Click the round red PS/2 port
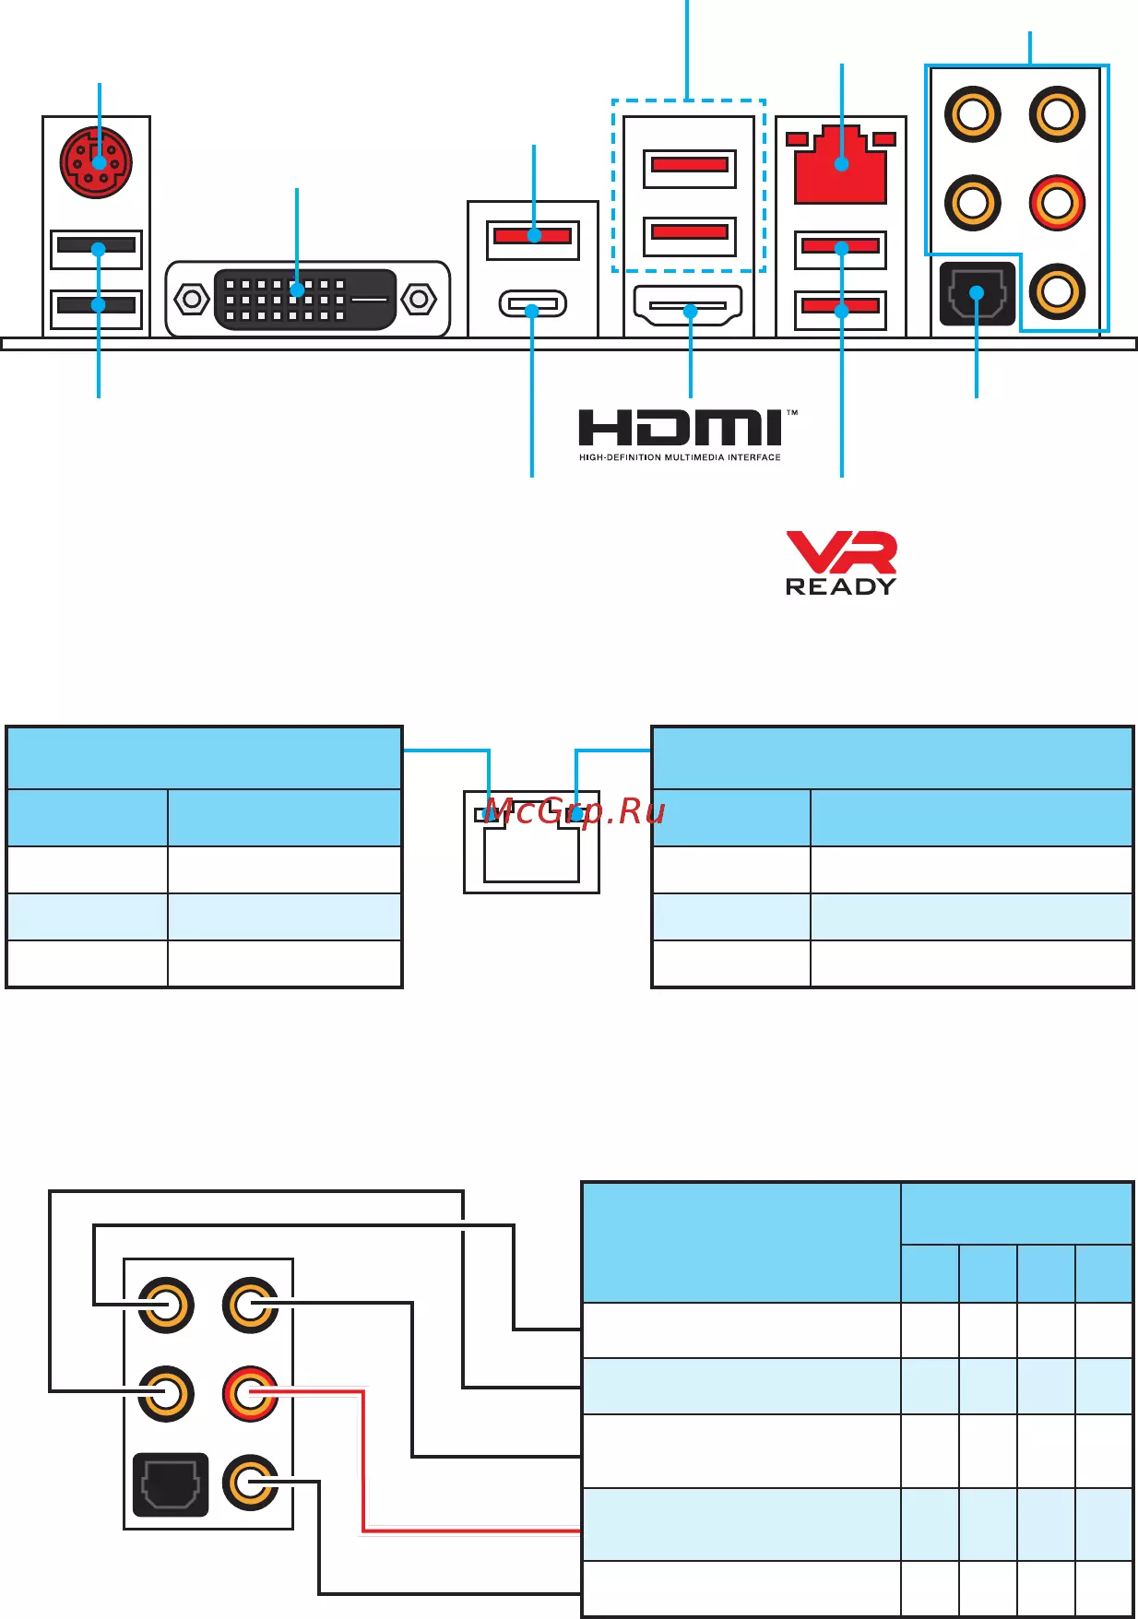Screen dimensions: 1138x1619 (x=96, y=162)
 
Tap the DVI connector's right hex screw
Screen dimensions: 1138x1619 (x=420, y=300)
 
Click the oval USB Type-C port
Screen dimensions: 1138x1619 (x=532, y=304)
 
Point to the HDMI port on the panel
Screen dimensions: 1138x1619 (x=689, y=306)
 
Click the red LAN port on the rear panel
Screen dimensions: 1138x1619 (x=840, y=166)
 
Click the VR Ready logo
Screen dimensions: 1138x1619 (x=841, y=563)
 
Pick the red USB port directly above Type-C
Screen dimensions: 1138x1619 (x=533, y=236)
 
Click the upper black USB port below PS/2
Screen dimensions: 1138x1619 (x=96, y=246)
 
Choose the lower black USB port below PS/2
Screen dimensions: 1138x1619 (x=96, y=304)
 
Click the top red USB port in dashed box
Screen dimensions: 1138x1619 (x=690, y=165)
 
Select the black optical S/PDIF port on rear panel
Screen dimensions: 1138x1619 (x=977, y=294)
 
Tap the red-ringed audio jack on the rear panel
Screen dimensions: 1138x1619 (x=1057, y=203)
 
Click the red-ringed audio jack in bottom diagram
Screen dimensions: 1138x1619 (x=250, y=1393)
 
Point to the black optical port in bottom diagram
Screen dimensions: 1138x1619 (x=171, y=1484)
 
